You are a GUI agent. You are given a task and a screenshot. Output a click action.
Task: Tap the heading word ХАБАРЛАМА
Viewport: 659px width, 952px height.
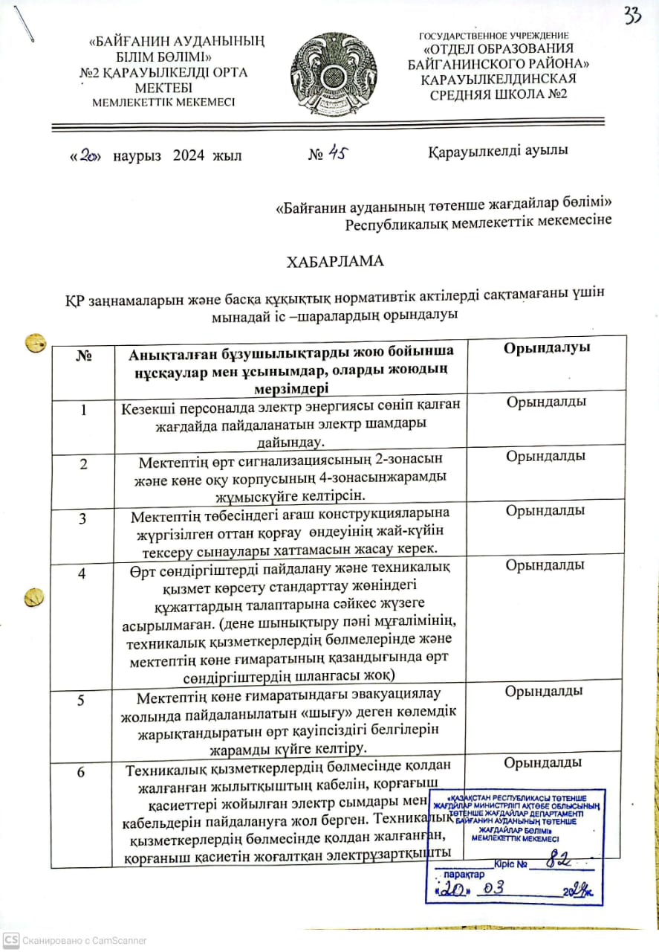336,262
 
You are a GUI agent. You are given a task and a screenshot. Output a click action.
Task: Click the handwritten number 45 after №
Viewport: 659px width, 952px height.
337,153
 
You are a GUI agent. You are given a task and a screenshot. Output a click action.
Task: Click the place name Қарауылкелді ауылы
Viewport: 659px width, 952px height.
498,151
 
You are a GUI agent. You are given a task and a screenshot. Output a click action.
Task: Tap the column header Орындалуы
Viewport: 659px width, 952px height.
547,348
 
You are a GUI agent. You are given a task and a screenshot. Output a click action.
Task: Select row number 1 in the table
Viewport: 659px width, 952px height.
84,410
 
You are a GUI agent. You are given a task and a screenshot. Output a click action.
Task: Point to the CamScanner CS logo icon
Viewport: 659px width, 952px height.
10,940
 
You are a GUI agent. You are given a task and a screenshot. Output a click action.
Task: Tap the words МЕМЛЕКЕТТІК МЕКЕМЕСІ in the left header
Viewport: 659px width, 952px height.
163,103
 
